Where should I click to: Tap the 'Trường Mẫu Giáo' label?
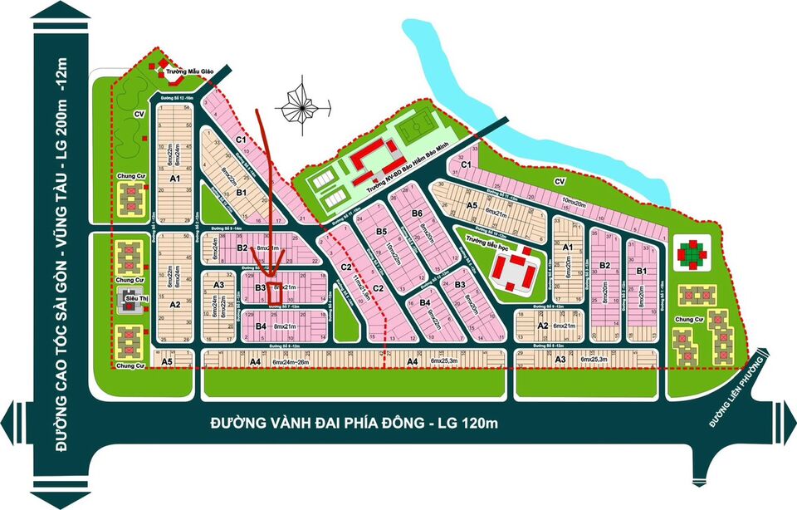point(185,72)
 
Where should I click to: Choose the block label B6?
point(418,214)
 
